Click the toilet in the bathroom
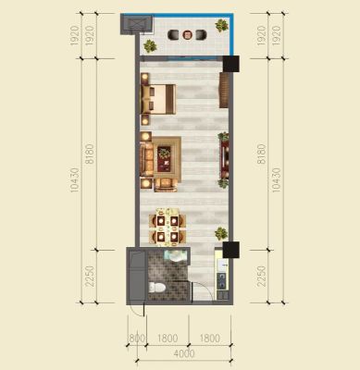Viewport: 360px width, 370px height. [156, 288]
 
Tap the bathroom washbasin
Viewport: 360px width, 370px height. [176, 255]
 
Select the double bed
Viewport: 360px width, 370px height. [158, 99]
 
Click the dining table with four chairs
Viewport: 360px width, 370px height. [168, 228]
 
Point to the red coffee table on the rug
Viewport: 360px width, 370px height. [164, 159]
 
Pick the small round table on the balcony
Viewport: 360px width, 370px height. [188, 34]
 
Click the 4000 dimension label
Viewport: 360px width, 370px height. [184, 353]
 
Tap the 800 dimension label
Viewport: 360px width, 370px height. [137, 339]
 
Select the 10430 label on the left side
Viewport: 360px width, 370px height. [75, 180]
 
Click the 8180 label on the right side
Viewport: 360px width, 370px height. [261, 154]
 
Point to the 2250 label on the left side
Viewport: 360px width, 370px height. [90, 277]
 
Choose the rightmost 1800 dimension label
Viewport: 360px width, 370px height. [210, 339]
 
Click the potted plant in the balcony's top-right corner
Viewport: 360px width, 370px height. [221, 25]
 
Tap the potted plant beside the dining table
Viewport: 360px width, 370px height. [221, 233]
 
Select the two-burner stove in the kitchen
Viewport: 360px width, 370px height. [221, 280]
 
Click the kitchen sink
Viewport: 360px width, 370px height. [222, 265]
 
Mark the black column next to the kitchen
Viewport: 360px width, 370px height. [231, 250]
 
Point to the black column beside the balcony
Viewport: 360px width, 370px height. [231, 64]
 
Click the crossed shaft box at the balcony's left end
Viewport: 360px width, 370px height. [136, 24]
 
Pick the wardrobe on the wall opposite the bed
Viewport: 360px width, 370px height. [224, 90]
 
